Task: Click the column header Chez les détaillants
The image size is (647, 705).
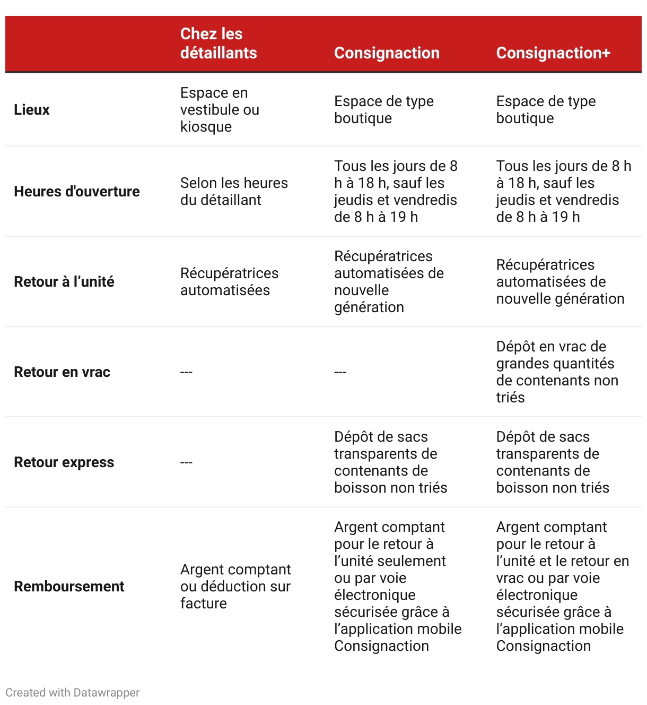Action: [218, 44]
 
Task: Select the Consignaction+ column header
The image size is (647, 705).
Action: [553, 53]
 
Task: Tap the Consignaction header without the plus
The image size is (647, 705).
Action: [387, 53]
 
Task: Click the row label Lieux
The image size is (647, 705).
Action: [32, 110]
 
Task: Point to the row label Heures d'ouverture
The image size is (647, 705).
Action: [77, 192]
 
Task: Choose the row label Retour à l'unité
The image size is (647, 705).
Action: [64, 282]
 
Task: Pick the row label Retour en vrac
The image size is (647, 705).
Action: [62, 372]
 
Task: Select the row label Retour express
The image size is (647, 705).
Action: [64, 462]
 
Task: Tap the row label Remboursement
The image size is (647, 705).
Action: [69, 587]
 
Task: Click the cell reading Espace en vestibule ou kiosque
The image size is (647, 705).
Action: [220, 110]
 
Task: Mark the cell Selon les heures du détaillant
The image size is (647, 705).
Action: [234, 192]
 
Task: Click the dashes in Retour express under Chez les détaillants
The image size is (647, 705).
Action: [186, 462]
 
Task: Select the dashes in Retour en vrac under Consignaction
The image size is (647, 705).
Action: [340, 372]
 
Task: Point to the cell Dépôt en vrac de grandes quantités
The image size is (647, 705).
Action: [557, 372]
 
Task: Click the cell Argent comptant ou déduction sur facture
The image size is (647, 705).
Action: [235, 587]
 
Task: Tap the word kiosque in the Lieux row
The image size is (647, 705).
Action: [206, 127]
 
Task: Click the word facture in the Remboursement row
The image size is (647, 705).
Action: [203, 604]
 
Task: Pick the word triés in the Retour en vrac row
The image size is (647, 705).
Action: [510, 398]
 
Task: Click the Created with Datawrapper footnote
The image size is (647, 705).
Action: [73, 693]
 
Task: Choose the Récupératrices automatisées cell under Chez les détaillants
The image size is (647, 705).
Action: [229, 282]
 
